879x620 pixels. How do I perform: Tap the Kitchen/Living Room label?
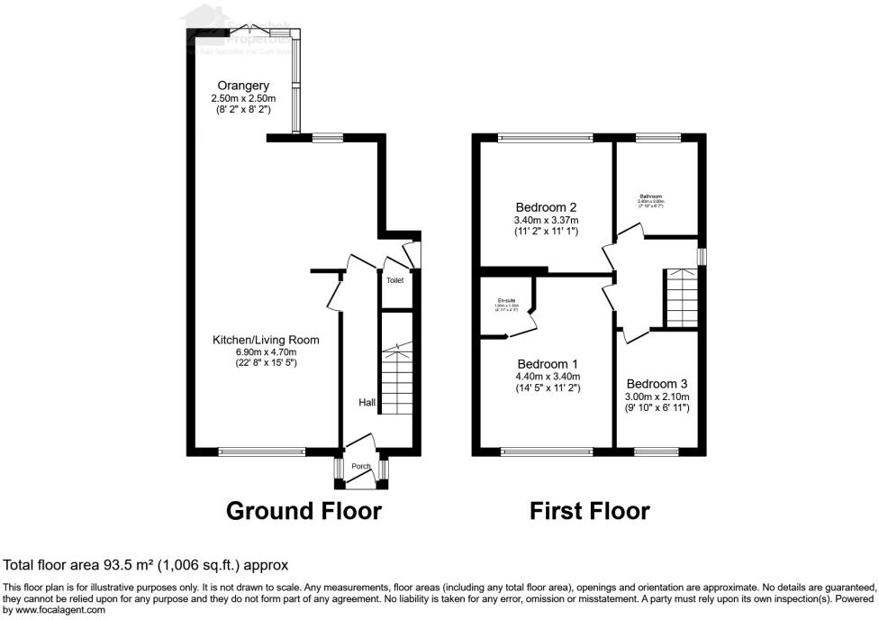[x=266, y=340]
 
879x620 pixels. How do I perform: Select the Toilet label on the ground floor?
[x=395, y=280]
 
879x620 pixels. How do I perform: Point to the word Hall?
[x=367, y=403]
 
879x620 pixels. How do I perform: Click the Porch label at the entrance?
[x=361, y=466]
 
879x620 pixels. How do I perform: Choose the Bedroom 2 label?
[x=547, y=205]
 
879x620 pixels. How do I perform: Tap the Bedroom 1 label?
[x=548, y=364]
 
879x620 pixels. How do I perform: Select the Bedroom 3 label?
[x=657, y=383]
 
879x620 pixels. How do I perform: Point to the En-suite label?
[x=505, y=300]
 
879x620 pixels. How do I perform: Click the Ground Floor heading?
[x=304, y=511]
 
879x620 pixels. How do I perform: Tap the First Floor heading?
[x=589, y=511]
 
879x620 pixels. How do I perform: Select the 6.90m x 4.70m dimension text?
[x=266, y=352]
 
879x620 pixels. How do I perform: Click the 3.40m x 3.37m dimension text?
[x=547, y=220]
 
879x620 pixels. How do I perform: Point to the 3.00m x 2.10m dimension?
[x=657, y=397]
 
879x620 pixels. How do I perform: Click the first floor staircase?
[x=682, y=298]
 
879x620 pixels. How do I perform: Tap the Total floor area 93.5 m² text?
[x=146, y=566]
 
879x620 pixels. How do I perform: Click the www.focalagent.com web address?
[x=54, y=610]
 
